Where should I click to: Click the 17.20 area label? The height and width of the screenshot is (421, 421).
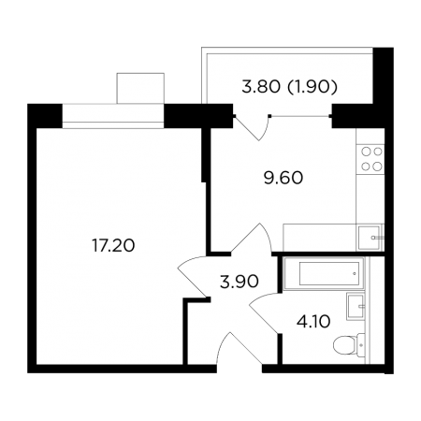point(113,245)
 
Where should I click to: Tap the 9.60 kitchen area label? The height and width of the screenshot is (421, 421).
point(283,178)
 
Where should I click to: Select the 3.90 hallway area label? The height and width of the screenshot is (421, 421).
point(240,282)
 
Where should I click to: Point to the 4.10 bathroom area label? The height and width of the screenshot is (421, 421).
point(313,322)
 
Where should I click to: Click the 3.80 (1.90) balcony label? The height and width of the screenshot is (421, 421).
point(290,87)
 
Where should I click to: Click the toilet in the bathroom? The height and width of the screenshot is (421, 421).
point(349,345)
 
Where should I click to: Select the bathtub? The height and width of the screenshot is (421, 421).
point(324,273)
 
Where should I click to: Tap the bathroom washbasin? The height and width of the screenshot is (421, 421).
point(356,306)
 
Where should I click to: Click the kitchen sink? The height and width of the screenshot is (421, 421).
point(370,238)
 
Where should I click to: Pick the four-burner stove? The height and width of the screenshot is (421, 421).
point(370,159)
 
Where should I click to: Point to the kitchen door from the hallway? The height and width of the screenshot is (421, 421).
point(254,236)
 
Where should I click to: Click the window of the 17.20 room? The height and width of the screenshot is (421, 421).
point(113,116)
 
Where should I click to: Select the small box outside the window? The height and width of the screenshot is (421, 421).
point(140,88)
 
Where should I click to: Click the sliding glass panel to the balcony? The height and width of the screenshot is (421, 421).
point(300,116)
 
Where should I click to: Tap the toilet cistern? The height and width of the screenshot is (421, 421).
point(361,345)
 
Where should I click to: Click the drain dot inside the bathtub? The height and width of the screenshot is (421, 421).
point(355,274)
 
